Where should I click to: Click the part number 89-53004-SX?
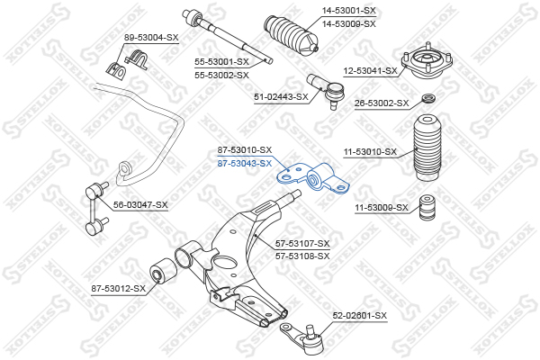(x=151, y=37)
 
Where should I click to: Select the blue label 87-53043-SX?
(x=245, y=163)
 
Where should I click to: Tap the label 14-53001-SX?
(x=349, y=11)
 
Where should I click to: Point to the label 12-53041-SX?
(x=370, y=71)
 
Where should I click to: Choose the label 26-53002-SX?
(x=382, y=103)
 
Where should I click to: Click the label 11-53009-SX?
(x=382, y=208)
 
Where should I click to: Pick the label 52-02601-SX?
(x=359, y=316)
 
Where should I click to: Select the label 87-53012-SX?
(x=119, y=288)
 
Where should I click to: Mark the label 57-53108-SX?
(x=302, y=256)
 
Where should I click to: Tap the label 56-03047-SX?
(x=140, y=205)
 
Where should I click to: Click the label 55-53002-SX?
(x=221, y=75)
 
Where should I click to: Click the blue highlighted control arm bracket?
(x=313, y=178)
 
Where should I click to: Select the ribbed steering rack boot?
(x=292, y=35)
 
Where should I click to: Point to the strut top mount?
(x=427, y=62)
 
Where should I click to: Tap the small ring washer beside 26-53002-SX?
(x=428, y=98)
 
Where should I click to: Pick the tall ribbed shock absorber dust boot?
(x=427, y=148)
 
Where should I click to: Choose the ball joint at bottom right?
(x=304, y=338)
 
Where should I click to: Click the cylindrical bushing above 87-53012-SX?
(x=164, y=271)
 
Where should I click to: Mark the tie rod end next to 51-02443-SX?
(x=327, y=90)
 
